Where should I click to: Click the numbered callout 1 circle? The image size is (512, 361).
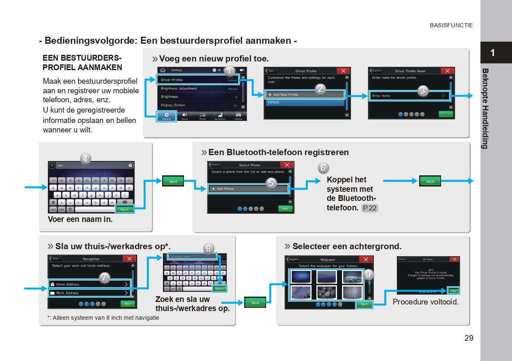(x=230, y=71)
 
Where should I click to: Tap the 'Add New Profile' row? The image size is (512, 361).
(x=304, y=94)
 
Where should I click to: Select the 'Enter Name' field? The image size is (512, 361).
(x=408, y=96)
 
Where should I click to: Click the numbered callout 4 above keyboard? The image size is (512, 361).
(x=85, y=159)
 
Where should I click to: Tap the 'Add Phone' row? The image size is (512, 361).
(x=248, y=189)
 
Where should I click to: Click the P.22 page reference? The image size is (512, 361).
(x=370, y=208)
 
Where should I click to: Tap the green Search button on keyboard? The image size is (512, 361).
(x=219, y=289)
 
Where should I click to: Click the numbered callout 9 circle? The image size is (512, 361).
(x=368, y=274)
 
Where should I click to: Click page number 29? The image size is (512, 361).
(x=469, y=338)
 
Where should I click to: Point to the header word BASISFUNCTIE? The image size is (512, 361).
(x=451, y=25)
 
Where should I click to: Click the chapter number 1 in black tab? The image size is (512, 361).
(x=492, y=53)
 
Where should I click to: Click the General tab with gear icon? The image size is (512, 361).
(x=166, y=116)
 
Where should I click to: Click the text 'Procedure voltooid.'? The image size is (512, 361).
(x=425, y=302)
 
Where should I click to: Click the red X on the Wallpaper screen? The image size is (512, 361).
(x=366, y=260)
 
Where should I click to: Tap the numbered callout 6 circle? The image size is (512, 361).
(x=323, y=168)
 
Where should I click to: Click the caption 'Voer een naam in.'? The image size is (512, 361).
(x=80, y=219)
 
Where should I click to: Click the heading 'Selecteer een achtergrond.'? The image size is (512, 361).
(x=347, y=246)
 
